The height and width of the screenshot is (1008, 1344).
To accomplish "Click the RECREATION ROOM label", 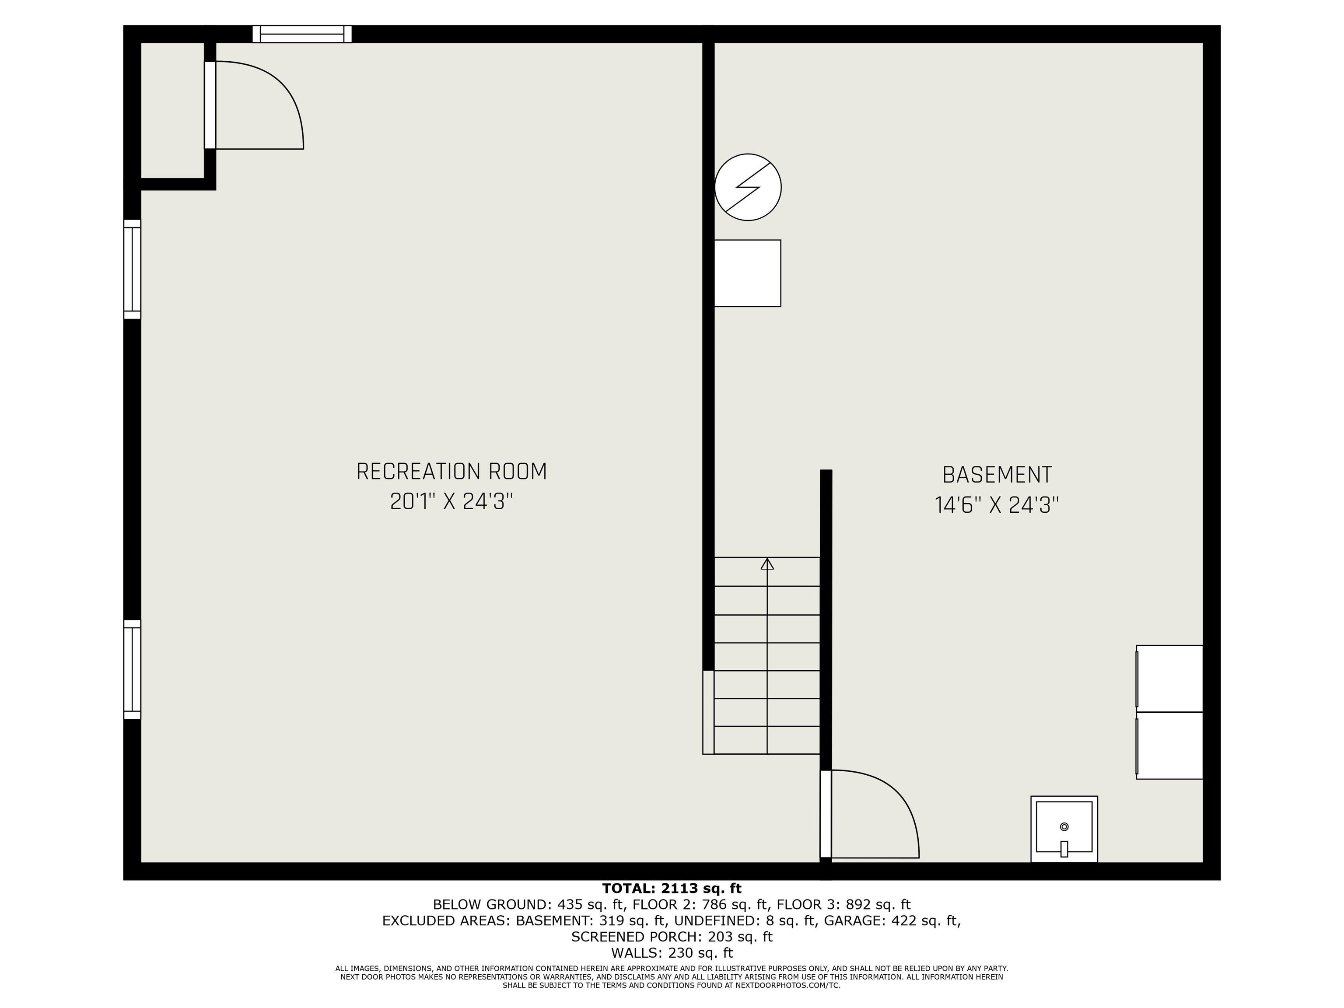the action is pyautogui.click(x=451, y=472).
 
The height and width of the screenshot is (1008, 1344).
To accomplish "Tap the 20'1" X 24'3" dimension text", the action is pyautogui.click(x=451, y=502).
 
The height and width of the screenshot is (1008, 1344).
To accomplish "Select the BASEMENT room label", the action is pyautogui.click(x=997, y=475).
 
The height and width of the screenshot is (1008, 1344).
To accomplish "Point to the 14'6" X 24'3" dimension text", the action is pyautogui.click(x=997, y=505).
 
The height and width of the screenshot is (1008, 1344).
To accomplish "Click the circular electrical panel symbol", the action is pyautogui.click(x=748, y=187).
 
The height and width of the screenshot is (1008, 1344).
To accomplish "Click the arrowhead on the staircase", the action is pyautogui.click(x=767, y=564).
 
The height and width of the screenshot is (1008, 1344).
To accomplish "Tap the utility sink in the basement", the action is pyautogui.click(x=1064, y=829).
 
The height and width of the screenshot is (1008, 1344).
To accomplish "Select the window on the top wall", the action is pyautogui.click(x=302, y=34).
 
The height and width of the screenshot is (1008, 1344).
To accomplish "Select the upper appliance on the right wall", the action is pyautogui.click(x=1169, y=678).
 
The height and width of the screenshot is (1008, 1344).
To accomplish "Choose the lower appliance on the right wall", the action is pyautogui.click(x=1169, y=745).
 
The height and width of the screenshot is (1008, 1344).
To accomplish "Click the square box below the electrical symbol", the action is pyautogui.click(x=747, y=273).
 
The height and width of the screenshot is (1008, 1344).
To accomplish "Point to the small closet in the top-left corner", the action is pyautogui.click(x=172, y=111).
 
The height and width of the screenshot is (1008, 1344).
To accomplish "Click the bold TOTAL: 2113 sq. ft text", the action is pyautogui.click(x=672, y=889).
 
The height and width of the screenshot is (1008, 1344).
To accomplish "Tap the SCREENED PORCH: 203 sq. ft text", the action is pyautogui.click(x=672, y=937).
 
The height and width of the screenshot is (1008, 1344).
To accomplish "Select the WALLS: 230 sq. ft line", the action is pyautogui.click(x=672, y=953).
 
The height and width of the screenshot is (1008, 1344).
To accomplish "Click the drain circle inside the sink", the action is pyautogui.click(x=1064, y=826).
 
